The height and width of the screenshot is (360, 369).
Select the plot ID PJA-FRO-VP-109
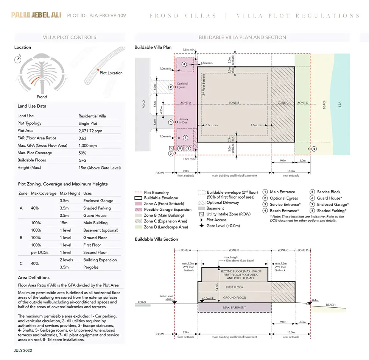pyautogui.click(x=107, y=16)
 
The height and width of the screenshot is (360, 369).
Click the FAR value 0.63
pyautogui.click(x=82, y=138)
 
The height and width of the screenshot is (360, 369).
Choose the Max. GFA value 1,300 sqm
pyautogui.click(x=87, y=146)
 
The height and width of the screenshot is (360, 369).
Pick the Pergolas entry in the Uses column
pyautogui.click(x=91, y=267)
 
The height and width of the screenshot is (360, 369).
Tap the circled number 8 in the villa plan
pyautogui.click(x=184, y=64)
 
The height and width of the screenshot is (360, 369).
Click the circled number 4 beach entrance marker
pyautogui.click(x=314, y=149)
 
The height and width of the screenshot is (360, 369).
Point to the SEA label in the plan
pyautogui.click(x=340, y=103)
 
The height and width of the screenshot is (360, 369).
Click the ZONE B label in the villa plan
pyautogui.click(x=234, y=103)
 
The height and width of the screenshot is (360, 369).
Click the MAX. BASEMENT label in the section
pyautogui.click(x=234, y=307)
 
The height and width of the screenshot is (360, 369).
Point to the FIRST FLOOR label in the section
pyautogui.click(x=234, y=287)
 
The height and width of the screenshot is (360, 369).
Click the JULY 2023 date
pyautogui.click(x=23, y=351)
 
